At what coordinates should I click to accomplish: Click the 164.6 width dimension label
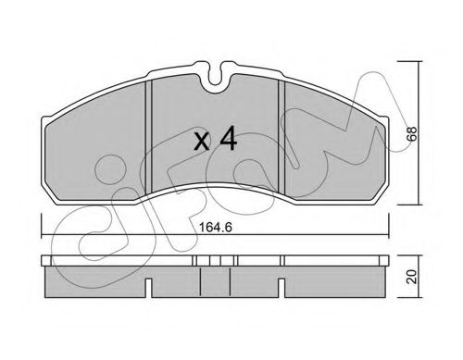click(216, 228)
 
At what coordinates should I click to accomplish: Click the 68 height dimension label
click(412, 133)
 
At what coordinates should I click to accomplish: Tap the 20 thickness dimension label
click(412, 277)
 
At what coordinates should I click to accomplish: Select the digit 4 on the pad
click(229, 139)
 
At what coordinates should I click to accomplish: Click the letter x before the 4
click(202, 142)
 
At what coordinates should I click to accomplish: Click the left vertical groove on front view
click(149, 137)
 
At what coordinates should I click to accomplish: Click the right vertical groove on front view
click(282, 137)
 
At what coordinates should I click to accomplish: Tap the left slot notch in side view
click(148, 288)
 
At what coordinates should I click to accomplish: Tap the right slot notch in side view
click(282, 288)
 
